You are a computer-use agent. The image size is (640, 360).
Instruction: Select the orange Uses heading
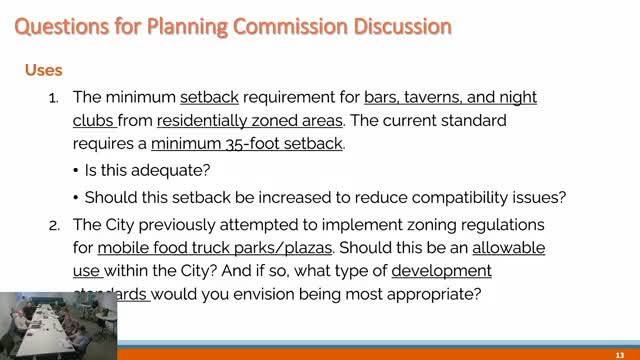point(43,71)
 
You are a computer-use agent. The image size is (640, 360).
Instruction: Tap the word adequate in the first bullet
point(177,169)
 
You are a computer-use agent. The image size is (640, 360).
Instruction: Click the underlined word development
point(441,271)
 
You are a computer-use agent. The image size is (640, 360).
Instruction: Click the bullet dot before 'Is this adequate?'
point(78,169)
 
